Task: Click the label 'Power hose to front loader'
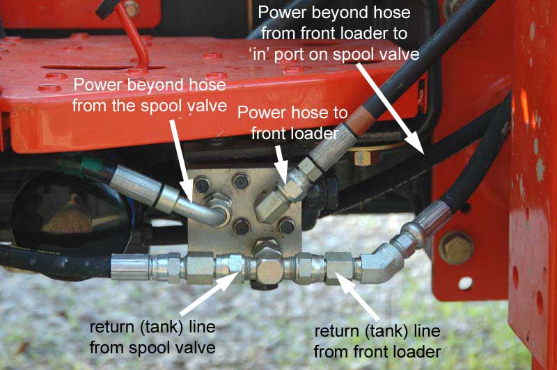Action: coord(292,122)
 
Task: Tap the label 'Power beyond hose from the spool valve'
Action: coord(150,95)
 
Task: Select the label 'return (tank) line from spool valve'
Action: coord(152,337)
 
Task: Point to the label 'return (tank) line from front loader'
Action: coord(377,341)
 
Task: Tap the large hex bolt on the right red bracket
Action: coord(456,248)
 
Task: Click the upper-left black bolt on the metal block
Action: coord(202,184)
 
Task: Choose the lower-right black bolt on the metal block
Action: coord(286,226)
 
